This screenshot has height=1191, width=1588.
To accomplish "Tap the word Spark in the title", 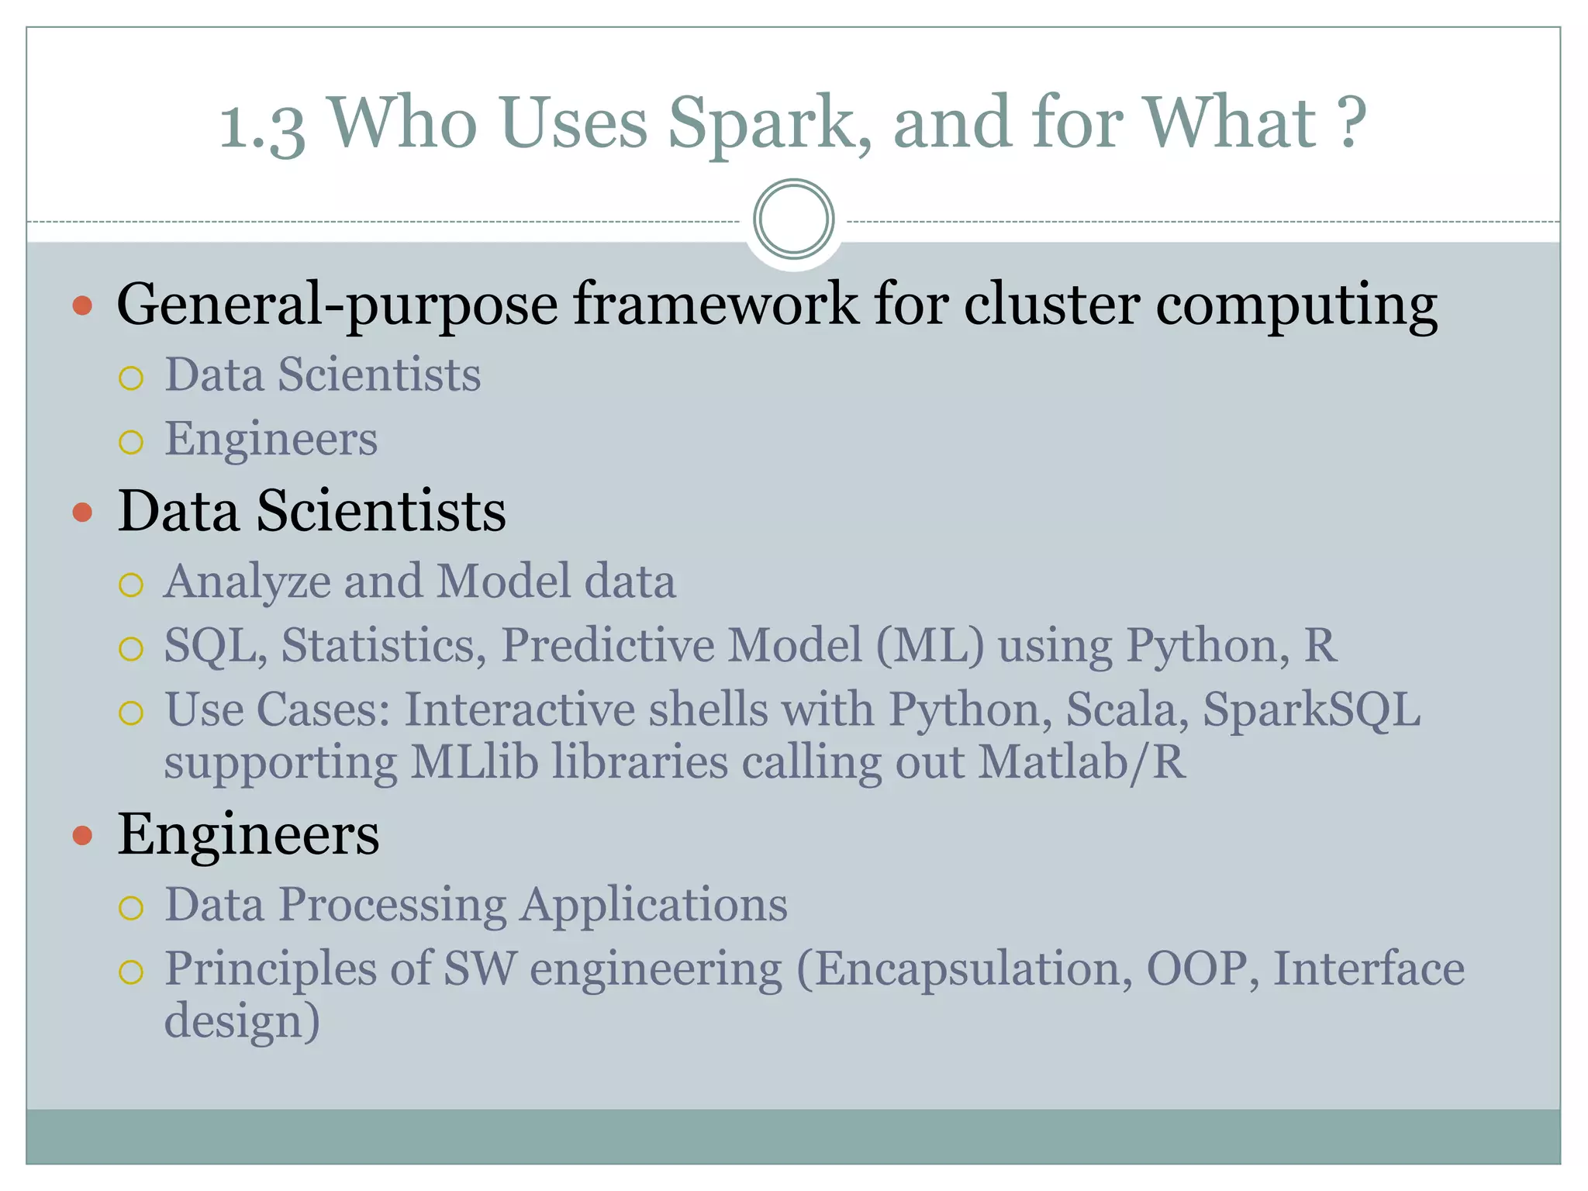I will click(768, 124).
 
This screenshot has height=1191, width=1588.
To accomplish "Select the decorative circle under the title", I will click(793, 219).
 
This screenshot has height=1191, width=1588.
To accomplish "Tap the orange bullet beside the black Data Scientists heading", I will click(82, 512).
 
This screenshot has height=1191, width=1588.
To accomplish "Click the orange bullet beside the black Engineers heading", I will click(82, 836).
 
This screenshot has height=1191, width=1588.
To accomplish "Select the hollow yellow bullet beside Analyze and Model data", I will click(131, 585).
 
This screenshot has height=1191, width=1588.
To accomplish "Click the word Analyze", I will click(247, 582).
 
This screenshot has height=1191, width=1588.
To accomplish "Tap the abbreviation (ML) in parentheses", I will click(930, 645).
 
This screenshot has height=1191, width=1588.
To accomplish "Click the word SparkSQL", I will click(1311, 709).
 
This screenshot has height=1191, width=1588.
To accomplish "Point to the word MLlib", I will click(474, 761).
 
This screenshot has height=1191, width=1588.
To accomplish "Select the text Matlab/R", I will click(1082, 761).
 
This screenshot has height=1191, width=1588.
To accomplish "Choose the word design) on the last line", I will click(242, 1021).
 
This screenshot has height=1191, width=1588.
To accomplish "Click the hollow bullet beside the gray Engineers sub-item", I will click(131, 442).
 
